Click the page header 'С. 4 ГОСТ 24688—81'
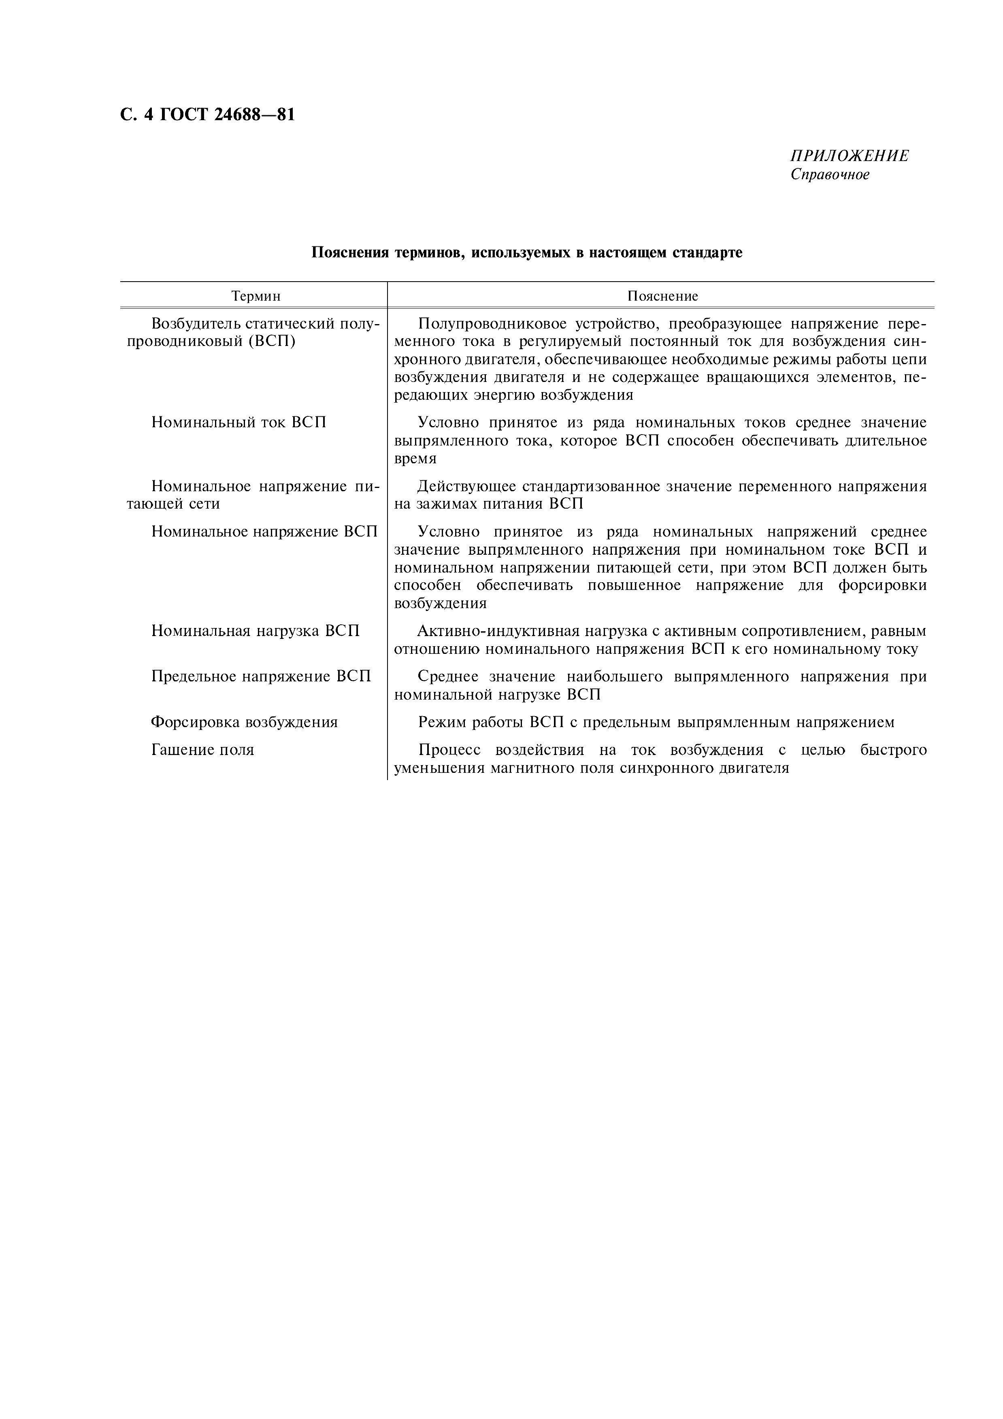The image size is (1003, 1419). (207, 115)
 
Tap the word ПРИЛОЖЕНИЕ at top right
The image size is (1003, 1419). (850, 156)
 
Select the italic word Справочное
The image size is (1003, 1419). (830, 175)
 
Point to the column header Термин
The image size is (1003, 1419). (256, 296)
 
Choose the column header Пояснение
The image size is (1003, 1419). (662, 296)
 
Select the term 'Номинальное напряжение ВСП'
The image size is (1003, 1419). (264, 532)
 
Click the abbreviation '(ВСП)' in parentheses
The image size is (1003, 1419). (272, 341)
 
